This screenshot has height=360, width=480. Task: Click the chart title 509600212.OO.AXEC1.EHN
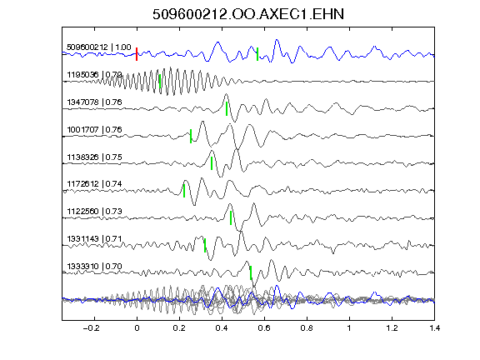pyautogui.click(x=248, y=14)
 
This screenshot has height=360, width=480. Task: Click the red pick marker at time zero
pyautogui.click(x=137, y=54)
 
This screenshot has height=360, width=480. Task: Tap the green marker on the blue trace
pyautogui.click(x=257, y=54)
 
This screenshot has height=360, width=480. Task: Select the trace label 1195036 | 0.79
pyautogui.click(x=94, y=75)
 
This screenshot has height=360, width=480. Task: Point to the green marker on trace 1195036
pyautogui.click(x=160, y=81)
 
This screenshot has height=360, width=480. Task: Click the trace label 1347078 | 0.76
pyautogui.click(x=94, y=102)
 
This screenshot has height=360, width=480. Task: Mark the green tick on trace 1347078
pyautogui.click(x=227, y=108)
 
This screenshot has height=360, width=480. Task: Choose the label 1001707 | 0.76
pyautogui.click(x=94, y=129)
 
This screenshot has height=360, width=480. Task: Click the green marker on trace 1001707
pyautogui.click(x=191, y=136)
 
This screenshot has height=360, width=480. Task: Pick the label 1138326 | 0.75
pyautogui.click(x=94, y=157)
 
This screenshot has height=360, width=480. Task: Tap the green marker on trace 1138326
pyautogui.click(x=212, y=163)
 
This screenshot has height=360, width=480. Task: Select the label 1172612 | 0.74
pyautogui.click(x=94, y=183)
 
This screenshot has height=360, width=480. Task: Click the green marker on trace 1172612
pyautogui.click(x=184, y=191)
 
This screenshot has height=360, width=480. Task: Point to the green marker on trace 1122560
pyautogui.click(x=231, y=218)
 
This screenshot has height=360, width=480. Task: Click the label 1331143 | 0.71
pyautogui.click(x=94, y=238)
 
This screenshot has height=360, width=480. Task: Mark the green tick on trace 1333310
pyautogui.click(x=251, y=272)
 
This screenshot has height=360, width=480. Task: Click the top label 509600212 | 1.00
pyautogui.click(x=99, y=47)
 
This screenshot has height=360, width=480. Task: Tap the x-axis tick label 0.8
pyautogui.click(x=307, y=328)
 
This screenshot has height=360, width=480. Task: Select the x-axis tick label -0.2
pyautogui.click(x=92, y=328)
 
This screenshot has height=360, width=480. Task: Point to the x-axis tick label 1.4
pyautogui.click(x=435, y=328)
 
